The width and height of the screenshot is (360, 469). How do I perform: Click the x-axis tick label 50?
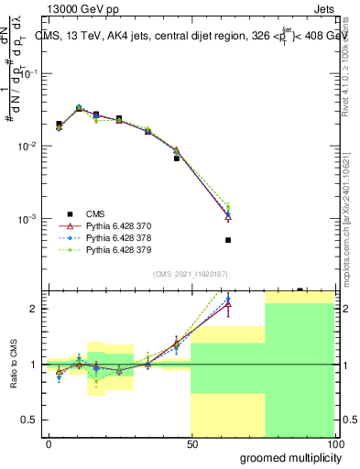pyautogui.click(x=191, y=444)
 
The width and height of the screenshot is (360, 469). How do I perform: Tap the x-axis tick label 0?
pyautogui.click(x=49, y=444)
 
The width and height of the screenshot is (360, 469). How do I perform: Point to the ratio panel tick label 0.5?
pyautogui.click(x=28, y=420)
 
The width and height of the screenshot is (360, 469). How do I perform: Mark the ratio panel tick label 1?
pyautogui.click(x=33, y=365)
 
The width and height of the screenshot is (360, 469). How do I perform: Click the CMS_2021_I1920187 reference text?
pyautogui.click(x=191, y=273)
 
